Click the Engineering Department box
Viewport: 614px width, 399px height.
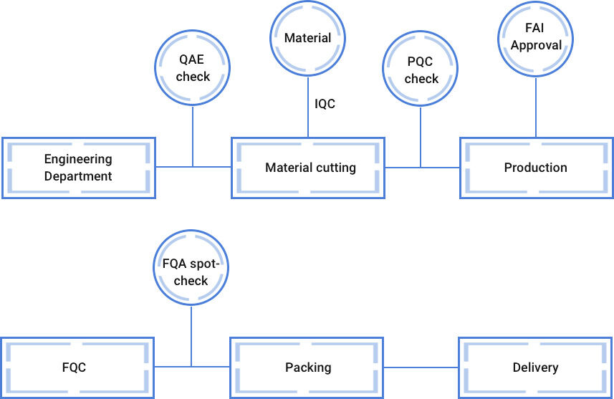point(78,167)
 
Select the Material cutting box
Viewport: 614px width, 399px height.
point(308,167)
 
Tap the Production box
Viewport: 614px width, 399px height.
point(535,167)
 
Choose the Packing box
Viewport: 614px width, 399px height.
point(308,367)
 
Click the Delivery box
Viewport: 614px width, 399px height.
point(535,367)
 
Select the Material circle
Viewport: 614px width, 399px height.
point(308,38)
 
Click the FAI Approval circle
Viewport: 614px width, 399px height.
point(535,38)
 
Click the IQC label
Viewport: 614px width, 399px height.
point(325,104)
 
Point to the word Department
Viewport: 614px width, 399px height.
point(78,176)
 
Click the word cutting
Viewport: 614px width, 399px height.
point(333,168)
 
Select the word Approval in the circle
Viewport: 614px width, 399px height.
point(536,45)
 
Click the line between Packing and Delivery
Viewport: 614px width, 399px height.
point(421,367)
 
